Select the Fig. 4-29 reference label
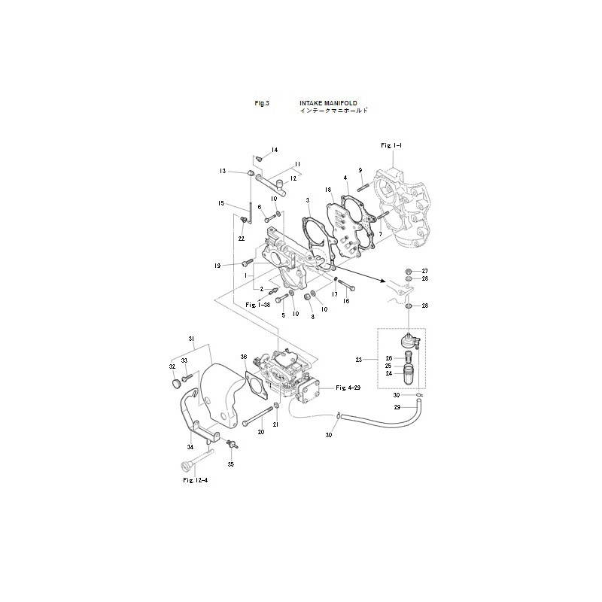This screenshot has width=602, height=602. (346, 387)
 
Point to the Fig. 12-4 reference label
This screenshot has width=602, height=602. (195, 479)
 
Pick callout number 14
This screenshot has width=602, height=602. (274, 150)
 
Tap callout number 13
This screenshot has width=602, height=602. (223, 172)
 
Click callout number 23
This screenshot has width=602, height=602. (359, 360)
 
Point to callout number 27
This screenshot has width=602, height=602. (424, 271)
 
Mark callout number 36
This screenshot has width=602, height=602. (244, 357)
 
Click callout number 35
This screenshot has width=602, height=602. (231, 464)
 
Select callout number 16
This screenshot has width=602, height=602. (347, 300)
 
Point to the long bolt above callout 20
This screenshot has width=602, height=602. (256, 416)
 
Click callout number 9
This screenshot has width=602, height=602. (360, 170)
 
